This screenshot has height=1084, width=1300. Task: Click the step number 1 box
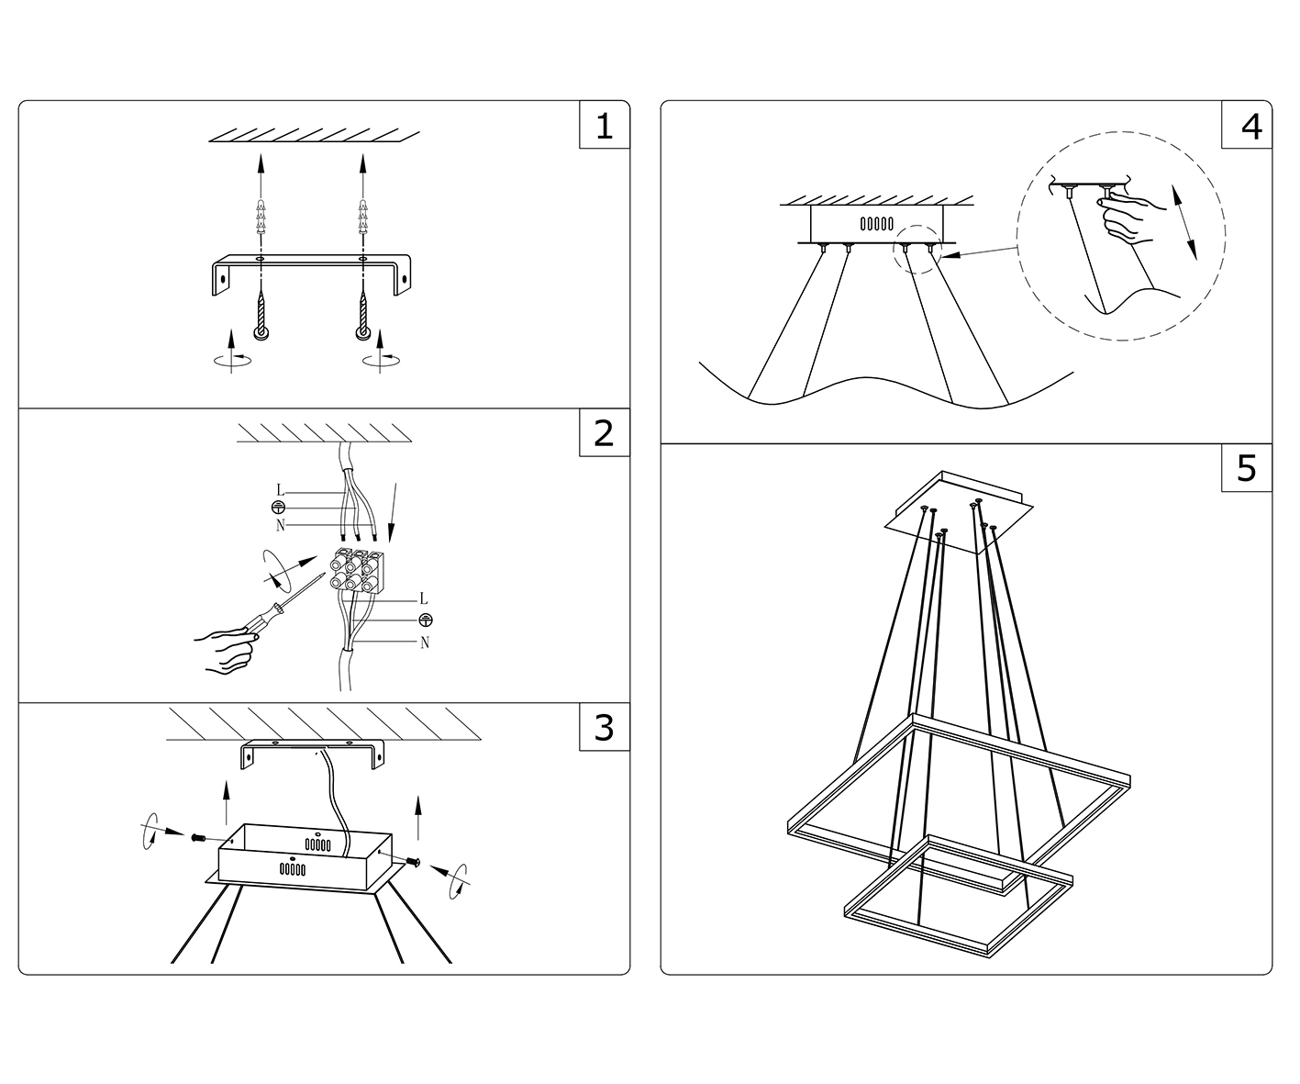coord(604,125)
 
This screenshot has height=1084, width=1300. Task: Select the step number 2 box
coord(604,432)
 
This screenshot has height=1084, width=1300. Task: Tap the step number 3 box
coord(604,726)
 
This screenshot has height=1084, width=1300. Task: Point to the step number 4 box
coord(1247,125)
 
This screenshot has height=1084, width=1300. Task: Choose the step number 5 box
coord(1247,468)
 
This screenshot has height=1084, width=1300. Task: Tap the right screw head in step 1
coord(362,333)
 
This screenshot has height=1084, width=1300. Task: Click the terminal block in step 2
coord(357,570)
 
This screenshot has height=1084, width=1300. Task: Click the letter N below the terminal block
coord(425,643)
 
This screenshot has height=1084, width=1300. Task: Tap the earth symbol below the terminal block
coord(426,620)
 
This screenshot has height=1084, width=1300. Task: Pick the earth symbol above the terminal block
coord(278,507)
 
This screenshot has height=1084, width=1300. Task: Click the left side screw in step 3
coord(199,839)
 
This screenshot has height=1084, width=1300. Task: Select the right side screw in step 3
coord(413,862)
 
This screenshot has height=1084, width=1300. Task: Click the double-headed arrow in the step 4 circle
coord(1184,222)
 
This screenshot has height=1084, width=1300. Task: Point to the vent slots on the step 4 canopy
coord(877,224)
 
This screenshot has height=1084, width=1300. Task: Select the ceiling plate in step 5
coord(958,513)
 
